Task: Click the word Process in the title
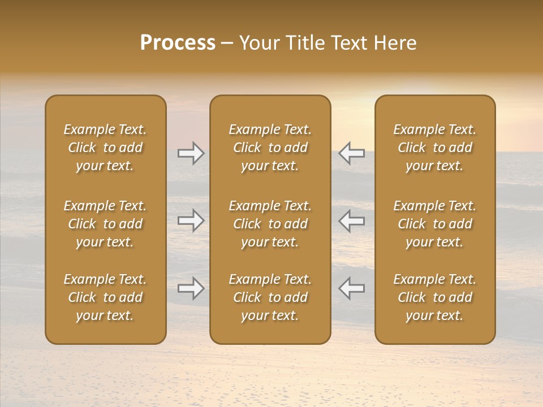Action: click(x=178, y=43)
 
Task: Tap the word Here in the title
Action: click(x=395, y=43)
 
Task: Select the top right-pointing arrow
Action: click(x=191, y=153)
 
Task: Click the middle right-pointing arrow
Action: click(x=191, y=220)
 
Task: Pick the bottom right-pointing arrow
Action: click(x=191, y=288)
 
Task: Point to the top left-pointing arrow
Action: click(x=352, y=153)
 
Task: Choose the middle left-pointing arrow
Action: click(x=352, y=220)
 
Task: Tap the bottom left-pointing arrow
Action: click(x=352, y=288)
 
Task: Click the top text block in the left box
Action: click(x=105, y=148)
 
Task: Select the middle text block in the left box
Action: click(x=105, y=224)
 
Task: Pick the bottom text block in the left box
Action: click(x=105, y=297)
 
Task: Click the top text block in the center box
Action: click(x=270, y=148)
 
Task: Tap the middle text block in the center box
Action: click(x=270, y=224)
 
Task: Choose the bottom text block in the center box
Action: click(x=270, y=297)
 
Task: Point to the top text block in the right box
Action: click(x=435, y=148)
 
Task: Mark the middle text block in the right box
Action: click(x=435, y=224)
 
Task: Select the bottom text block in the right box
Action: click(x=435, y=297)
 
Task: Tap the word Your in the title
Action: click(x=258, y=43)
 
